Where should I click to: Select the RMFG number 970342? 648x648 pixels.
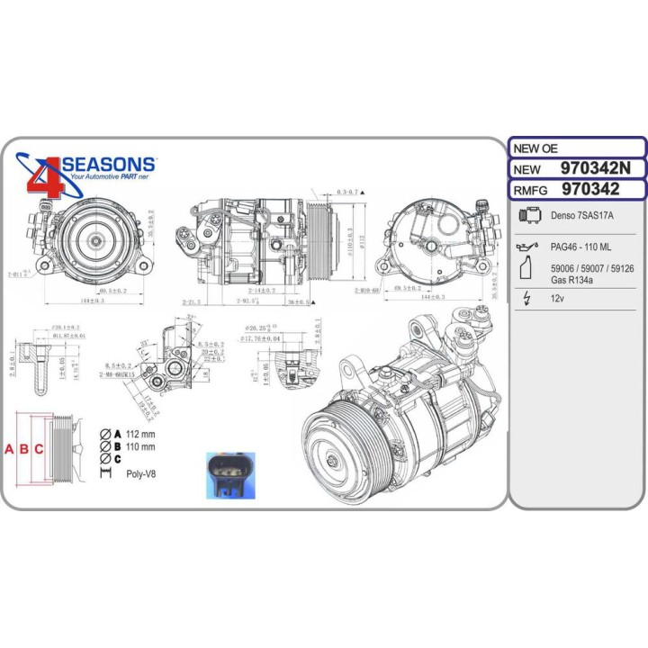point(589,189)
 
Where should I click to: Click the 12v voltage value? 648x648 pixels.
point(557,302)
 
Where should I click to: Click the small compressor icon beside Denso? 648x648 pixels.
point(531,216)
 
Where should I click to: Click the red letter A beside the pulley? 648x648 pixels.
point(12,449)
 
